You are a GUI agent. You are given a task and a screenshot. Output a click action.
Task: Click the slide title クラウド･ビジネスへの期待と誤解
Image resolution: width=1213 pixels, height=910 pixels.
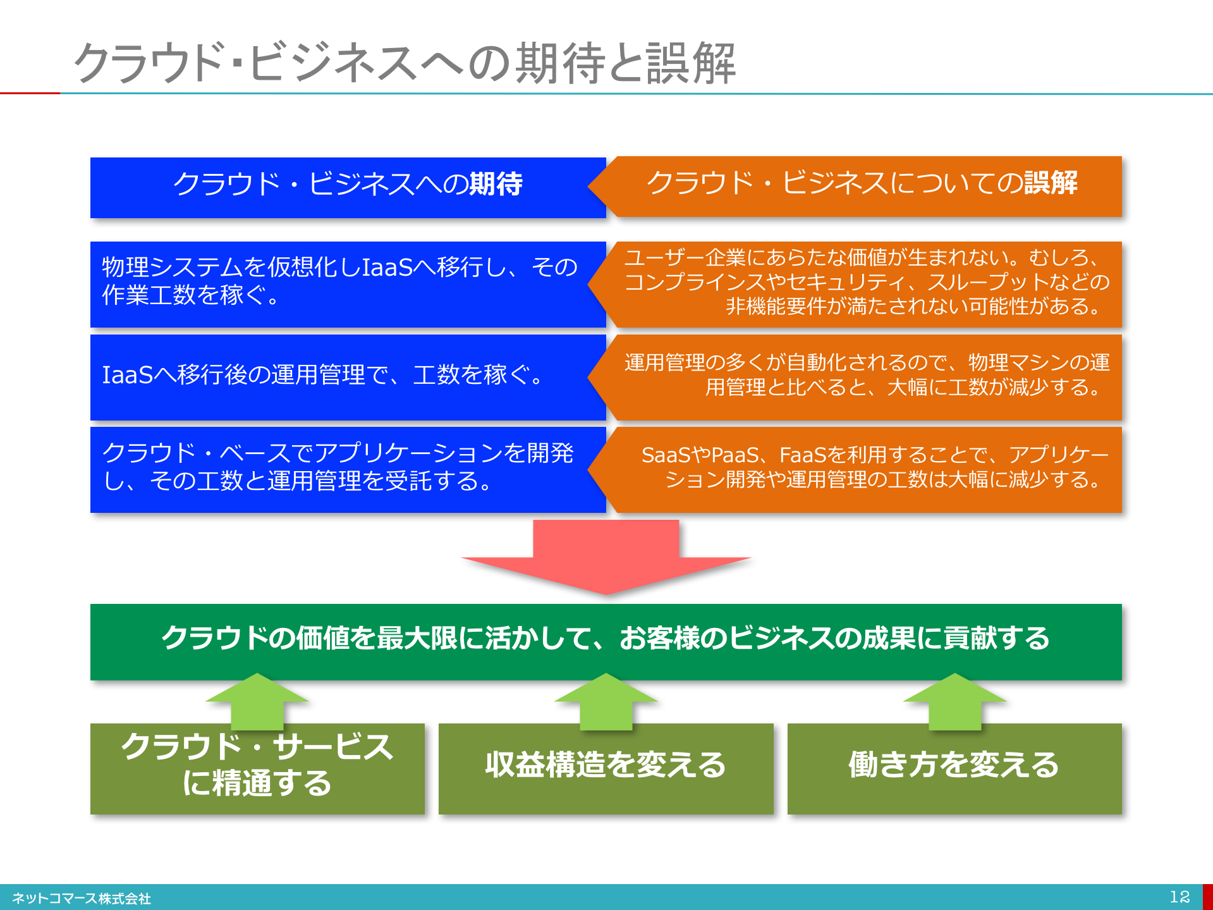(405, 63)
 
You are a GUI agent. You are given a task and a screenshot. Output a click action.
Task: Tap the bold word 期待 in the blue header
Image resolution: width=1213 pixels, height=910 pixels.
(496, 184)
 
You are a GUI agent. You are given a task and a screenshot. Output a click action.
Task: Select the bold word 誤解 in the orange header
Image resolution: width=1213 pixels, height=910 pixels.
(1051, 183)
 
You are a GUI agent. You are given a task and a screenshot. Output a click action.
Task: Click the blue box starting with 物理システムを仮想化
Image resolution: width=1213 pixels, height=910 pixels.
(348, 284)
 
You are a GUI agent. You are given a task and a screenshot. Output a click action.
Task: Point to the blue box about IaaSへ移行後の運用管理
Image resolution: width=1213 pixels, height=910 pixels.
(348, 378)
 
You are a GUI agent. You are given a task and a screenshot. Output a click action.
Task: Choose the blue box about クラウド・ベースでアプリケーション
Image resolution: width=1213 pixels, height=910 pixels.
(348, 470)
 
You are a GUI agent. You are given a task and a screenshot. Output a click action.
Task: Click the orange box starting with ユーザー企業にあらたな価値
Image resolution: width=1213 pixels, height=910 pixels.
(855, 284)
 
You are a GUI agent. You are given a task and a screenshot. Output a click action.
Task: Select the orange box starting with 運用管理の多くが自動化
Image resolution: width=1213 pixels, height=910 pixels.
(855, 378)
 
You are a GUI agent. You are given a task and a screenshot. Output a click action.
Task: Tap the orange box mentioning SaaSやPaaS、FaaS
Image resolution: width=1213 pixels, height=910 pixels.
(855, 470)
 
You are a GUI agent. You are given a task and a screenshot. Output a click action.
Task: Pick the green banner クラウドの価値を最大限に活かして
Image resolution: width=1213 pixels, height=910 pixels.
(606, 642)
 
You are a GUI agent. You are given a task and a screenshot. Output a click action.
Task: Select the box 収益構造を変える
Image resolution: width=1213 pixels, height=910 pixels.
(606, 769)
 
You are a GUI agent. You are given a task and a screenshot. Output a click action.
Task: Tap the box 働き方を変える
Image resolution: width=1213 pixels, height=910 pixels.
(954, 769)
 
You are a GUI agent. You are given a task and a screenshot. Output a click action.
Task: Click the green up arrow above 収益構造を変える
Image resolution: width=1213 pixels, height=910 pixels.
(606, 702)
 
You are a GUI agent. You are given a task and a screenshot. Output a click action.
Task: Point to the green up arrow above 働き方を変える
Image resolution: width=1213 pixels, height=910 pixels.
(954, 702)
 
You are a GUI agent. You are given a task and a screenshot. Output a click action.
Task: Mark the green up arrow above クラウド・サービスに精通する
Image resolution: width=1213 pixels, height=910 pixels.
(257, 702)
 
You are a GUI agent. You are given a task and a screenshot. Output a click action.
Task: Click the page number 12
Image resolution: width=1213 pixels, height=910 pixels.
(1179, 897)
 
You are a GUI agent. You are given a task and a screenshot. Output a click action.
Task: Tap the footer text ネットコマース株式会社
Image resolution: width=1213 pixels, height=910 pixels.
(82, 899)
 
